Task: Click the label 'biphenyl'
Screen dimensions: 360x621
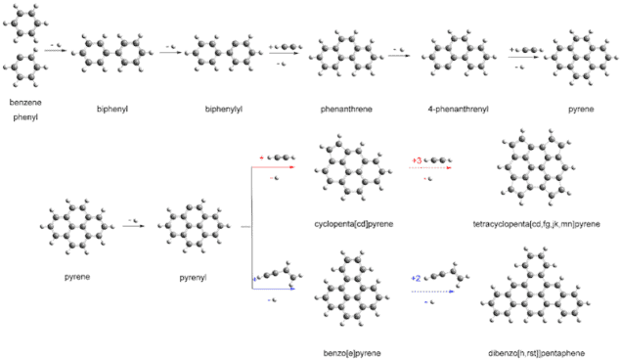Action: point(112,108)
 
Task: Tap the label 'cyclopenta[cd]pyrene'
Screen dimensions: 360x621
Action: point(352,224)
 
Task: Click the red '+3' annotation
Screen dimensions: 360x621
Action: point(418,159)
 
